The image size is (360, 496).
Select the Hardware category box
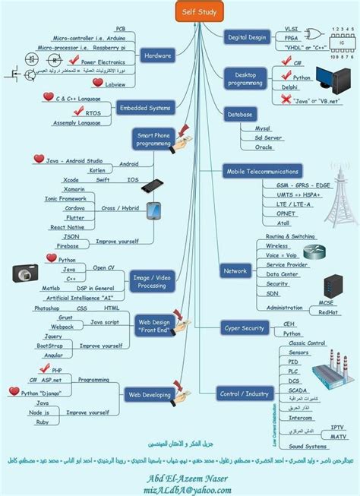click(157, 55)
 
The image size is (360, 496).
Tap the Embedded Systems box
click(144, 108)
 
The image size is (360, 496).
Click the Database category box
click(239, 114)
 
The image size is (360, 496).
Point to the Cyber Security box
click(245, 327)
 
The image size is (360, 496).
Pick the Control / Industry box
click(245, 393)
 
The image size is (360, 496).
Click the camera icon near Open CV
click(24, 273)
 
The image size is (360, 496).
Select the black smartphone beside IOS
click(152, 185)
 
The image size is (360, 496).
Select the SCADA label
click(298, 390)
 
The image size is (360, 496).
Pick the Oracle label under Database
click(264, 147)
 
